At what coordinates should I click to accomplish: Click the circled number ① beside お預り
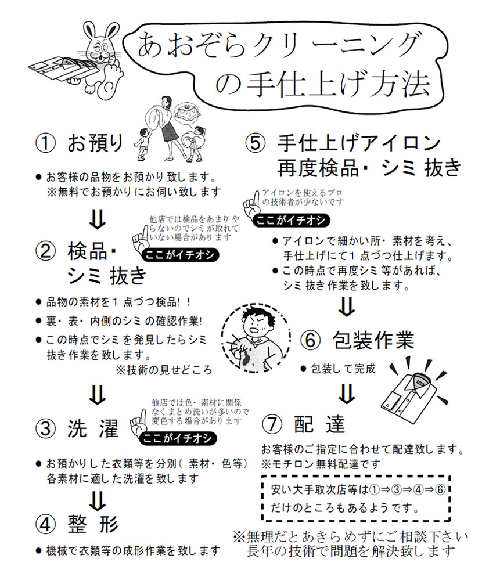[46, 142]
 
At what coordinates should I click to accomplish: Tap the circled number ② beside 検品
[46, 251]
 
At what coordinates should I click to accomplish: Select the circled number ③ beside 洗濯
[46, 430]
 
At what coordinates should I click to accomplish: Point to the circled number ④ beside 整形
[46, 524]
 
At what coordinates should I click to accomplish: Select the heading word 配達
[320, 424]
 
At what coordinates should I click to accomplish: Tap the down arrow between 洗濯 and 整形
[98, 499]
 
